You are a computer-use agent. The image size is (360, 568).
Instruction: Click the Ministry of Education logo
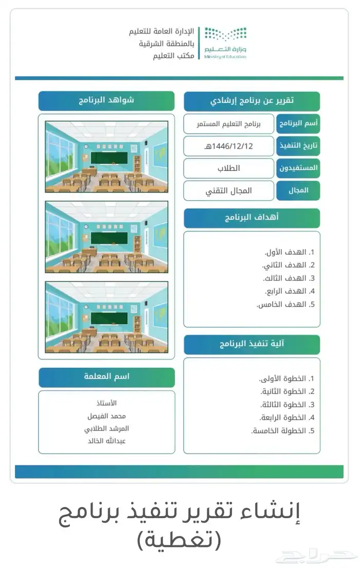tap(225, 43)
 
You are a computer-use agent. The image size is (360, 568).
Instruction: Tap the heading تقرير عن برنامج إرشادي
tap(252, 101)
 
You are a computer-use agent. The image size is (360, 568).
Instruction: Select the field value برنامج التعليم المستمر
tap(229, 124)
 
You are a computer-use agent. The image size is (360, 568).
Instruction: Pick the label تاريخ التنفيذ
tap(298, 146)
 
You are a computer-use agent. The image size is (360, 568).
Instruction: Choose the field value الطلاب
tap(229, 168)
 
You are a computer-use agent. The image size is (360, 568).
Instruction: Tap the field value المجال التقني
tap(229, 191)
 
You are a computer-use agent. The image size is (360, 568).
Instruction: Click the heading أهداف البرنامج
tap(251, 218)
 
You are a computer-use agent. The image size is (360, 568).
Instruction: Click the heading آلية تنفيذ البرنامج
tap(251, 345)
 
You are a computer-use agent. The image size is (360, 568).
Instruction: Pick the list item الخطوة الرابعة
tap(283, 418)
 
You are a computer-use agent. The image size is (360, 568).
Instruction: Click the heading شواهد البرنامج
tap(106, 100)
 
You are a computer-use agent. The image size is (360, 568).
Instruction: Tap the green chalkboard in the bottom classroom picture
tap(109, 318)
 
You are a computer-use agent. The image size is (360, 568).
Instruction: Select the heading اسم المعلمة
tap(106, 377)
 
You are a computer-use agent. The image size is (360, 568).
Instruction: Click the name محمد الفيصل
tap(107, 416)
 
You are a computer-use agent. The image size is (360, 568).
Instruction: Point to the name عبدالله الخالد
tap(107, 441)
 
